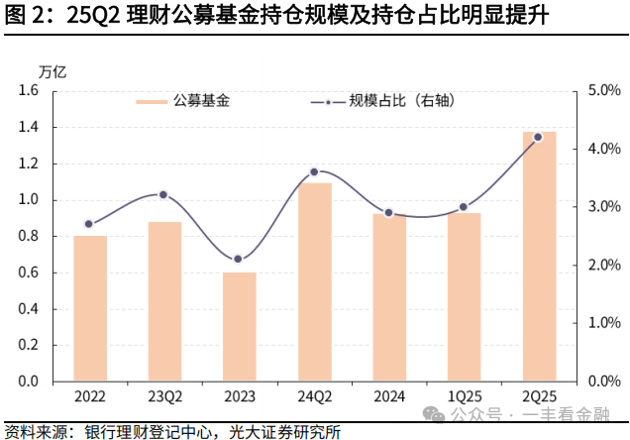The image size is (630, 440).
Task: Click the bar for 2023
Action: point(239,326)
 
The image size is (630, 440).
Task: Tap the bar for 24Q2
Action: point(314,281)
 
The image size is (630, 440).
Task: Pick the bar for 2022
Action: point(89,307)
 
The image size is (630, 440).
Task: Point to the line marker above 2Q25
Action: point(538,137)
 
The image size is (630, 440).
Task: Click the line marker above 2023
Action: point(238,259)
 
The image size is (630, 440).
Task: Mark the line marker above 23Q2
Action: point(163,194)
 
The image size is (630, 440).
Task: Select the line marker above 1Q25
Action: point(464,207)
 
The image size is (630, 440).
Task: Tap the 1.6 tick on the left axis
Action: point(28,90)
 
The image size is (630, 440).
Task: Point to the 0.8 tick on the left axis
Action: point(28,236)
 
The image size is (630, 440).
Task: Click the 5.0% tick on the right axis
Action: point(604,90)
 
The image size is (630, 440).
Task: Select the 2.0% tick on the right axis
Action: point(604,265)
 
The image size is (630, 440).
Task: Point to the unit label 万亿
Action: point(52,71)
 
